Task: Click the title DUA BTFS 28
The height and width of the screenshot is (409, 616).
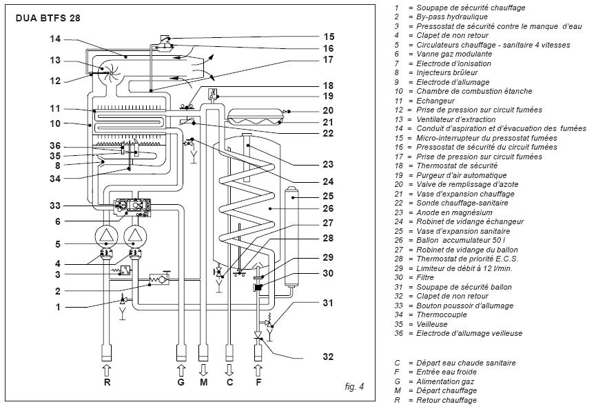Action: pyautogui.click(x=48, y=18)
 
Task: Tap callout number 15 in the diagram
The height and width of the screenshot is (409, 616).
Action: pyautogui.click(x=329, y=37)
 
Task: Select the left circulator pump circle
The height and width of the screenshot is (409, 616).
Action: pyautogui.click(x=107, y=236)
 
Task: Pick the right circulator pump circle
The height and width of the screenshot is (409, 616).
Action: pyautogui.click(x=135, y=236)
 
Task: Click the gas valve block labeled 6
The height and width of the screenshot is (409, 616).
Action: pyautogui.click(x=132, y=208)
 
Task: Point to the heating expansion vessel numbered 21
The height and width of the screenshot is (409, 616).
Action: pyautogui.click(x=255, y=117)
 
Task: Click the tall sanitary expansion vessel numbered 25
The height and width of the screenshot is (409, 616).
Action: pyautogui.click(x=292, y=236)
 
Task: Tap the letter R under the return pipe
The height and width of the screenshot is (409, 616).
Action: pyautogui.click(x=107, y=382)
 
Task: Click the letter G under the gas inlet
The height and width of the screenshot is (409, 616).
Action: pyautogui.click(x=181, y=382)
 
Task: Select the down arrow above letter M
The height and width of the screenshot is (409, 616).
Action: pyautogui.click(x=203, y=370)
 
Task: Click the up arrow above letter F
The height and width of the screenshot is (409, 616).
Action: pyautogui.click(x=258, y=370)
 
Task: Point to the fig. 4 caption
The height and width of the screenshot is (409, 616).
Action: pyautogui.click(x=354, y=386)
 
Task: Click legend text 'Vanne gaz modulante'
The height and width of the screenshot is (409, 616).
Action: pyautogui.click(x=454, y=54)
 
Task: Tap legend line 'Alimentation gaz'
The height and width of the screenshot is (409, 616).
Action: pyautogui.click(x=445, y=381)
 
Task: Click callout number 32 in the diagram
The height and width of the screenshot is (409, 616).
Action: pyautogui.click(x=328, y=357)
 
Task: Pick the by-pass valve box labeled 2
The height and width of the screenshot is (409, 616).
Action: pyautogui.click(x=159, y=279)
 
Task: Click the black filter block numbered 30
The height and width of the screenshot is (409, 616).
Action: pyautogui.click(x=258, y=288)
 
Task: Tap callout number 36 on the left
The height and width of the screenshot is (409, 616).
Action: pyautogui.click(x=55, y=146)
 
